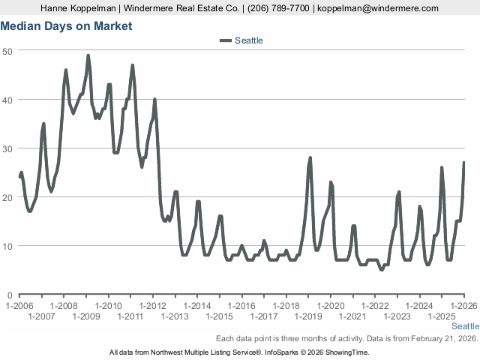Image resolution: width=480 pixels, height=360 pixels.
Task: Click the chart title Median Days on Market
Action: pos(66,26)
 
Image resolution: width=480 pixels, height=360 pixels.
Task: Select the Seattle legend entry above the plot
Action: pos(248,40)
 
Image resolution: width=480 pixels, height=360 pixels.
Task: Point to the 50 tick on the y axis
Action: pos(7,50)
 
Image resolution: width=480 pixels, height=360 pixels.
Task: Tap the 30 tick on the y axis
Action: pos(7,148)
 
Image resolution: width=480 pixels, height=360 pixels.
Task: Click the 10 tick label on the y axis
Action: pos(7,246)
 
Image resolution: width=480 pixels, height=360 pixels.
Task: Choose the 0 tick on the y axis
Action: pos(10,295)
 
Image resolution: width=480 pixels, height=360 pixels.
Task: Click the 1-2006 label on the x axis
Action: pos(19,306)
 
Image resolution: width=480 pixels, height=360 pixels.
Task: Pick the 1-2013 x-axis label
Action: pos(175,316)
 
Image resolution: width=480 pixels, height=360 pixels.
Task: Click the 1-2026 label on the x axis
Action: pos(463,306)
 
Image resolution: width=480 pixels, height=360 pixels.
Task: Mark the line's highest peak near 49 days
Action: pos(88,55)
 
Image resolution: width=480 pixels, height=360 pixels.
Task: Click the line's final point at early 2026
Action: pos(464,163)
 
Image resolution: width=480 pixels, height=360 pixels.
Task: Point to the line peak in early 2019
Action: pos(310,158)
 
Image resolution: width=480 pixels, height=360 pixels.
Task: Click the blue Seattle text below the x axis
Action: pos(465,327)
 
